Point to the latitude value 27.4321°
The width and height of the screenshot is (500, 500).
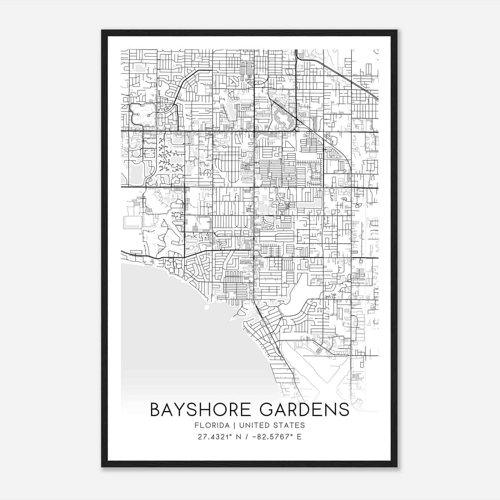point(216,437)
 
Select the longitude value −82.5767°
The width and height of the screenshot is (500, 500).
point(274,437)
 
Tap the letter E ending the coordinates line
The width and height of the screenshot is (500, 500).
point(300,437)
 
